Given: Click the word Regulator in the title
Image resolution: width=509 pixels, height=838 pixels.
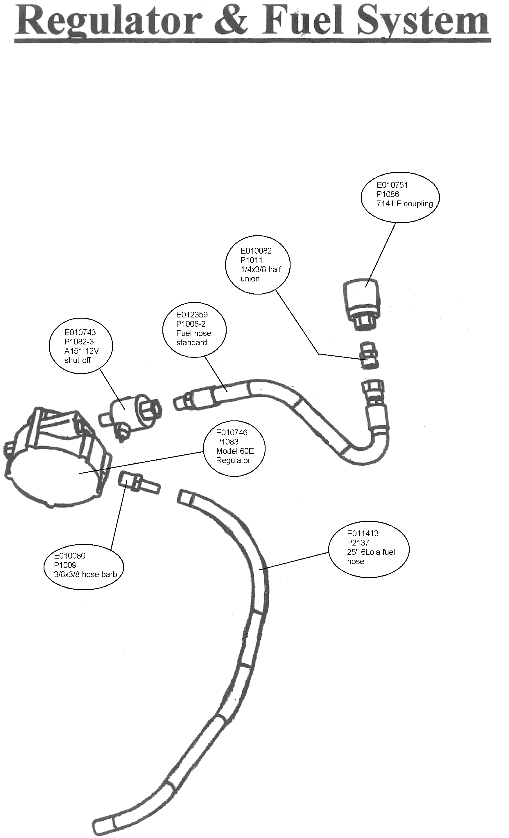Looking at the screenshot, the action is (x=108, y=21).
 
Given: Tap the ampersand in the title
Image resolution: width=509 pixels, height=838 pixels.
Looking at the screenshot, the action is (x=231, y=21).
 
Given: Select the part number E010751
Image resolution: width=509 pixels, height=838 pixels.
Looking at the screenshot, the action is (x=392, y=185).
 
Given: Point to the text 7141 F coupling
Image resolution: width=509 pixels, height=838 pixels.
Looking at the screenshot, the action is (x=404, y=203).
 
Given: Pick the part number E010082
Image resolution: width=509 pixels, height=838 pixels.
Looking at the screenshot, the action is (x=256, y=251).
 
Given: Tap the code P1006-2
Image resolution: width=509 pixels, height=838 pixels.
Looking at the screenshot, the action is (x=191, y=324).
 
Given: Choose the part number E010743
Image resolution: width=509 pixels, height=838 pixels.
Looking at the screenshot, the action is (x=80, y=332).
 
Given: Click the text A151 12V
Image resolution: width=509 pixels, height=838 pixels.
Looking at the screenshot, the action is (x=81, y=351).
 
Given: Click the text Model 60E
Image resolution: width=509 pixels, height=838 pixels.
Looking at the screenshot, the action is (x=235, y=451).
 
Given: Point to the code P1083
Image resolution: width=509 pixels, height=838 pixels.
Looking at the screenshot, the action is (x=227, y=442).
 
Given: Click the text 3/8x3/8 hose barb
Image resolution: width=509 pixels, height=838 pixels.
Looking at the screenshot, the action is (x=85, y=575).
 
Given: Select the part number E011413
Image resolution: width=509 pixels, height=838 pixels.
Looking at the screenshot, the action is (x=363, y=534).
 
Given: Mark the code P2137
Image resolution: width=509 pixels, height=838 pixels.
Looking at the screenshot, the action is (x=358, y=543).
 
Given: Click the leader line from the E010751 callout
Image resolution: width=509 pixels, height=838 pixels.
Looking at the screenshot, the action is (x=381, y=255).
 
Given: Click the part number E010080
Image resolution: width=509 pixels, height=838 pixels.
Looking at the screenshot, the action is (x=69, y=556).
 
